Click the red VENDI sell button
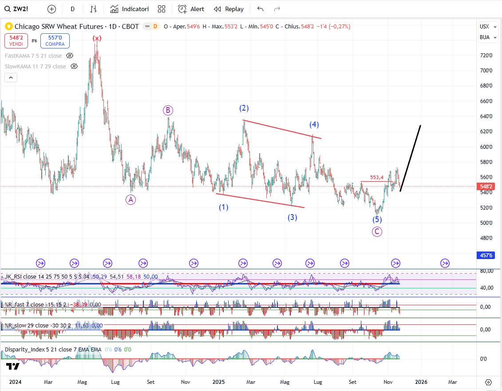(16, 41)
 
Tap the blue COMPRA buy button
(55, 41)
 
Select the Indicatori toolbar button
(130, 9)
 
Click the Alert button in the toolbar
(191, 9)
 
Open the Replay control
(229, 9)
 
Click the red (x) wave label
(97, 38)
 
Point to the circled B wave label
(167, 110)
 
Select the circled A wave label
(130, 199)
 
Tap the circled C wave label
(377, 231)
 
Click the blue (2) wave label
(244, 108)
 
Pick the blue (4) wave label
(314, 124)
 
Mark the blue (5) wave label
(377, 219)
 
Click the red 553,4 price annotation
(376, 177)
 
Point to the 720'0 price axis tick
(486, 56)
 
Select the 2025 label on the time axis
(220, 382)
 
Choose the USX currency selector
(484, 26)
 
